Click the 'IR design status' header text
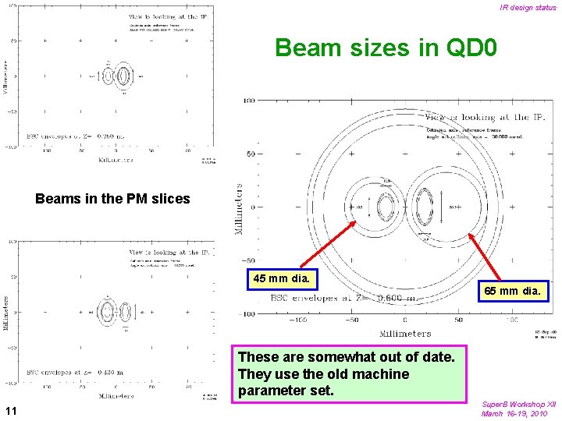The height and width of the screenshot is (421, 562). coord(528,8)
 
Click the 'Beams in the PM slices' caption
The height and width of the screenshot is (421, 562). coord(112,199)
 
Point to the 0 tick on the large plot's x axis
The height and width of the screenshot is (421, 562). coord(404,320)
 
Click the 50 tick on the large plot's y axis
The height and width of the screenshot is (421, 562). coord(251,154)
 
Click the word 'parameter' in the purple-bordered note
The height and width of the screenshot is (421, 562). coord(272,389)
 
